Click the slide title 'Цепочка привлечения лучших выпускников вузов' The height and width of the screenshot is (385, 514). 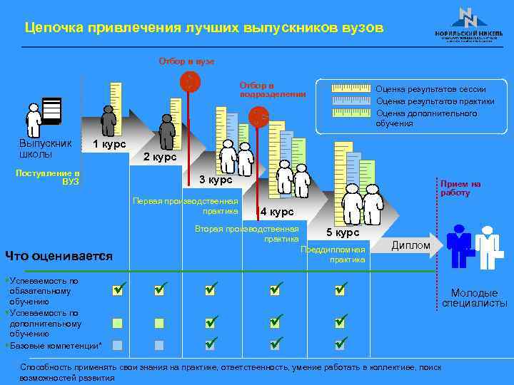click(203, 28)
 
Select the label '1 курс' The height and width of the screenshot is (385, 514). click(109, 145)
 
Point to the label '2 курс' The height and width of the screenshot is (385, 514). click(159, 157)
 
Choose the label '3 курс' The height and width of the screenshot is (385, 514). click(215, 179)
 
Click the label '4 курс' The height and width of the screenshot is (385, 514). click(276, 212)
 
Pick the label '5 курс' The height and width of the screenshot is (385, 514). click(343, 232)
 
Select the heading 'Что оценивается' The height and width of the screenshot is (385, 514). click(59, 256)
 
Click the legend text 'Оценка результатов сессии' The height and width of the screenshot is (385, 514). click(430, 89)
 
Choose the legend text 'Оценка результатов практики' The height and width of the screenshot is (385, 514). click(435, 101)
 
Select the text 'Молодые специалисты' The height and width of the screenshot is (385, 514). click(474, 298)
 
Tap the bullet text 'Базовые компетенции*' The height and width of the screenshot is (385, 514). click(57, 346)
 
